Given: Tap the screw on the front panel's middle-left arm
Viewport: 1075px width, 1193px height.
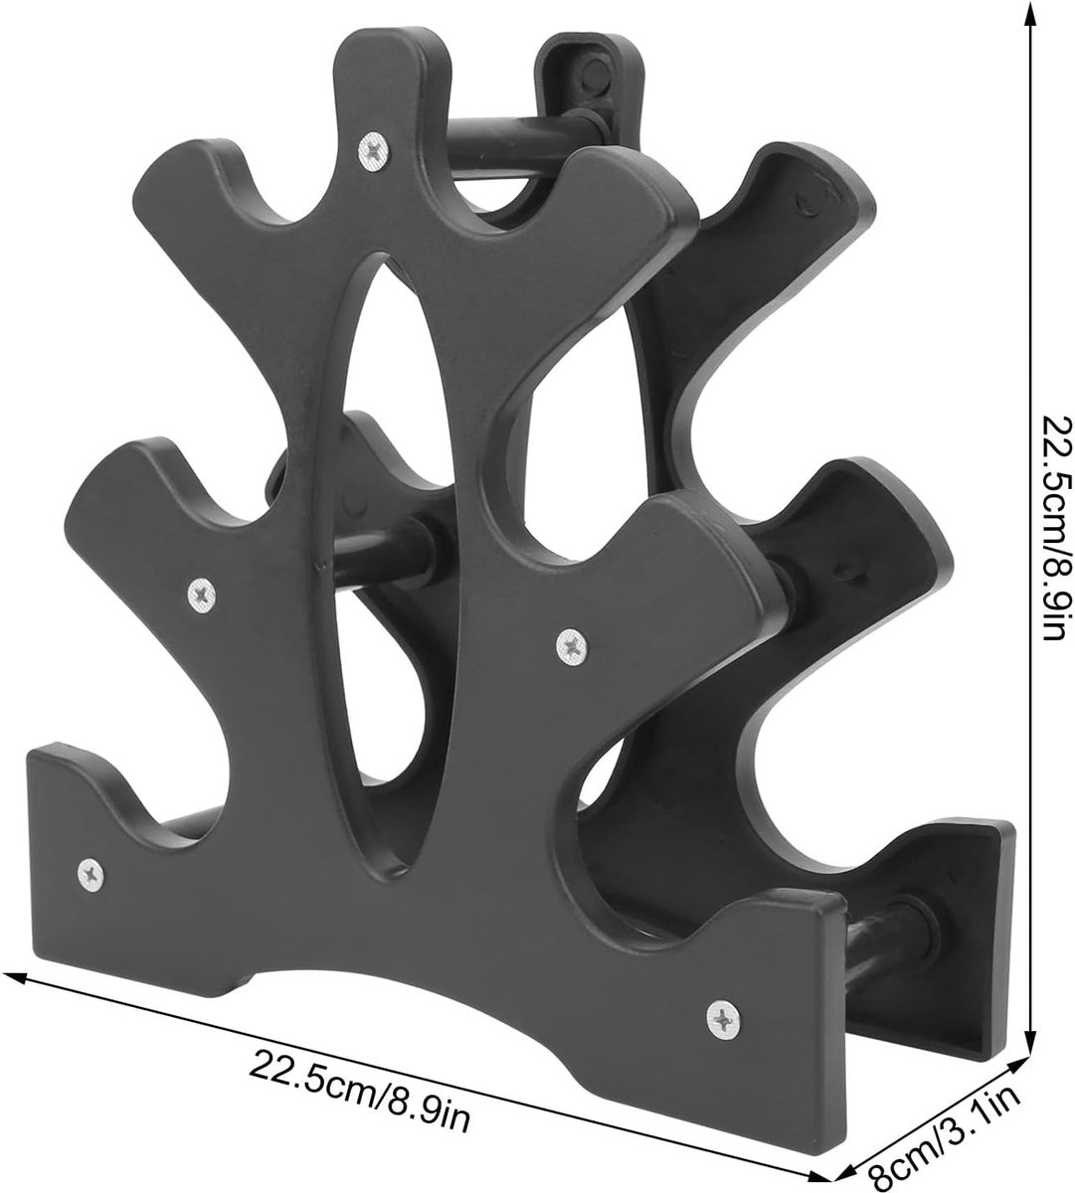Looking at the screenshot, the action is (x=202, y=595).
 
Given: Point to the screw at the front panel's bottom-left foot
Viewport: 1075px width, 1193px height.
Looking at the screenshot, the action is (x=90, y=874).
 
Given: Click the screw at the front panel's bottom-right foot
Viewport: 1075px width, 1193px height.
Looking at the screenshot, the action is (x=723, y=1020).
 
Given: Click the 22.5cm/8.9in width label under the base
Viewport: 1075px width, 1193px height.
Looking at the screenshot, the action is (x=359, y=1096).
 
